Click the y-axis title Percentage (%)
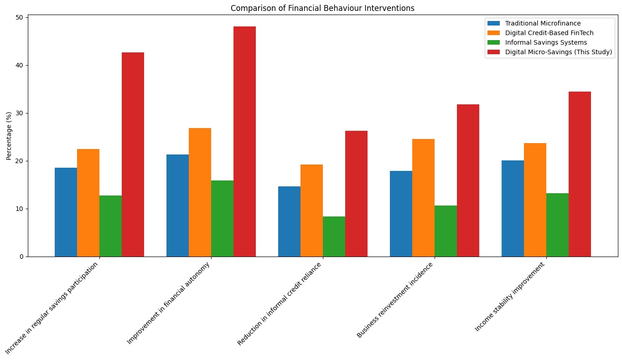pyautogui.click(x=10, y=136)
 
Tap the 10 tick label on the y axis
pyautogui.click(x=20, y=209)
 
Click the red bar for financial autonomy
pyautogui.click(x=244, y=141)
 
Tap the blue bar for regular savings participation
pyautogui.click(x=66, y=212)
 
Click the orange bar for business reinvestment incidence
pyautogui.click(x=423, y=198)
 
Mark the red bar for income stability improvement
pyautogui.click(x=580, y=174)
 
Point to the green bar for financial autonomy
pyautogui.click(x=222, y=219)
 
